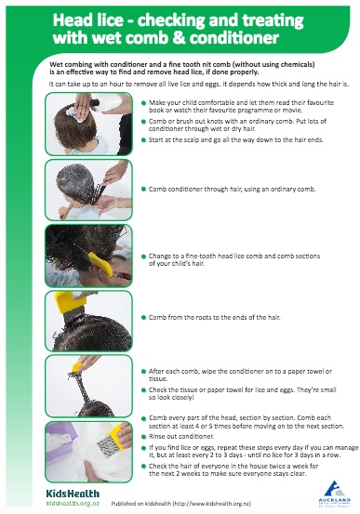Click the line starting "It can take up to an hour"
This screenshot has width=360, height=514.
[177, 83]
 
